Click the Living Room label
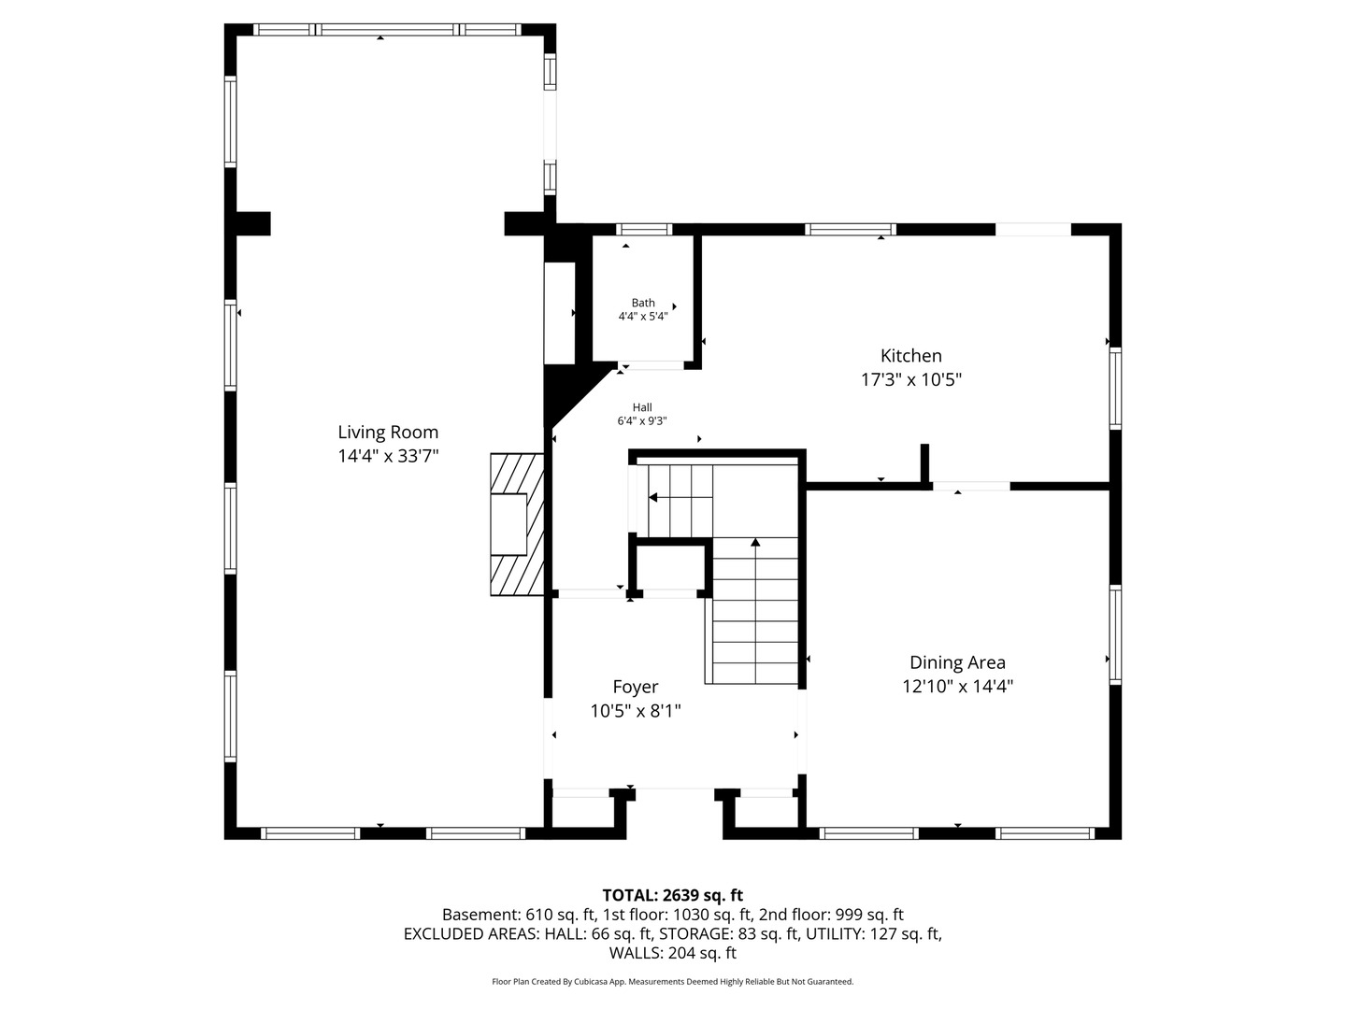pyautogui.click(x=388, y=433)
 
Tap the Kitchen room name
pyautogui.click(x=910, y=356)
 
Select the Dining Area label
pyautogui.click(x=957, y=663)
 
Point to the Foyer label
pyautogui.click(x=636, y=688)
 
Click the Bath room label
pyautogui.click(x=643, y=303)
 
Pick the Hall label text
pyautogui.click(x=642, y=407)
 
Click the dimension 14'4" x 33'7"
pyautogui.click(x=388, y=457)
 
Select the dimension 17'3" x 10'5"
pyautogui.click(x=911, y=380)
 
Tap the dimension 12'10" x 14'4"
pyautogui.click(x=957, y=687)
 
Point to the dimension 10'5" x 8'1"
pyautogui.click(x=636, y=711)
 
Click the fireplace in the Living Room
pyautogui.click(x=517, y=524)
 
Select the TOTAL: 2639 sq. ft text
pyautogui.click(x=673, y=896)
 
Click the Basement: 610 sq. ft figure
pyautogui.click(x=519, y=915)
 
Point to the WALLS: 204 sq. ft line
pyautogui.click(x=673, y=953)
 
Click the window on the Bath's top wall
pyautogui.click(x=644, y=230)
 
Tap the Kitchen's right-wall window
pyautogui.click(x=1115, y=389)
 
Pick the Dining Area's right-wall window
pyautogui.click(x=1115, y=634)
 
